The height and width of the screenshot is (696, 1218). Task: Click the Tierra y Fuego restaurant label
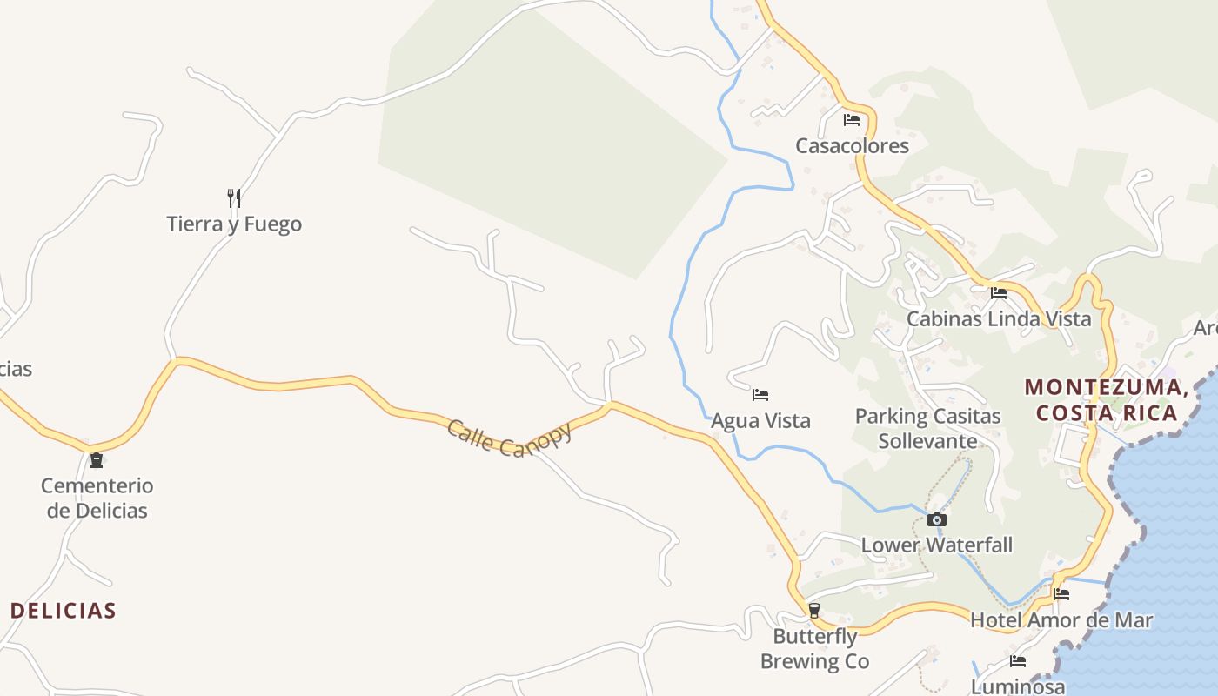(234, 224)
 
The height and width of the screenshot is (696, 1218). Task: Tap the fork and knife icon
(233, 198)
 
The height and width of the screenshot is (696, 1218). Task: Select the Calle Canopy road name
(510, 438)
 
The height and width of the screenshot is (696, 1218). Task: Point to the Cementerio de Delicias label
(97, 498)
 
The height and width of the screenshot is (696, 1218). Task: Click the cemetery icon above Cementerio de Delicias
(97, 459)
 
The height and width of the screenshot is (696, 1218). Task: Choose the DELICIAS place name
(64, 611)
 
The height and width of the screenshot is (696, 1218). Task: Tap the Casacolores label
(852, 145)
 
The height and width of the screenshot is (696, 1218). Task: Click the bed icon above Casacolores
(852, 120)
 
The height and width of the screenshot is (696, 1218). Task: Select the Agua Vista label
(760, 421)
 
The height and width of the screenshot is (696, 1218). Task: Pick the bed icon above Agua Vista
(760, 395)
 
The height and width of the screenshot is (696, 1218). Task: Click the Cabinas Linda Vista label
(999, 318)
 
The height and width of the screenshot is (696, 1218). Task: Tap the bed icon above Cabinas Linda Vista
(999, 293)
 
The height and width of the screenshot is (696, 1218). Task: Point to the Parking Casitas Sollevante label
(927, 428)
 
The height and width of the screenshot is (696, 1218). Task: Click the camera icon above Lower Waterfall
(937, 520)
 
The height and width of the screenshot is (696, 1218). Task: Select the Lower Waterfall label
(937, 545)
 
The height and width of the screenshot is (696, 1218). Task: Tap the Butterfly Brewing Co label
(814, 649)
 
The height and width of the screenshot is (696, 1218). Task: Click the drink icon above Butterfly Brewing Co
(814, 611)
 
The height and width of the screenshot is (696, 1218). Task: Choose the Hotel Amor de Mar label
(1061, 620)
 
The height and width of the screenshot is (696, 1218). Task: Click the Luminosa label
(1017, 686)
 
